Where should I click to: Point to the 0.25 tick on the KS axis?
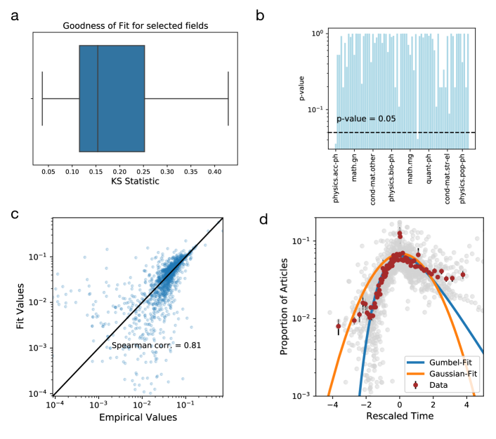(x=144, y=170)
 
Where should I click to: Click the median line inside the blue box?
(x=98, y=99)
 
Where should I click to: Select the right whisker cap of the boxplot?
(x=228, y=99)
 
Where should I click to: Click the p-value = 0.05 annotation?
(x=366, y=119)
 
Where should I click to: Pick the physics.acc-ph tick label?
(x=337, y=178)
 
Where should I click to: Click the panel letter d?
(x=263, y=220)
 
